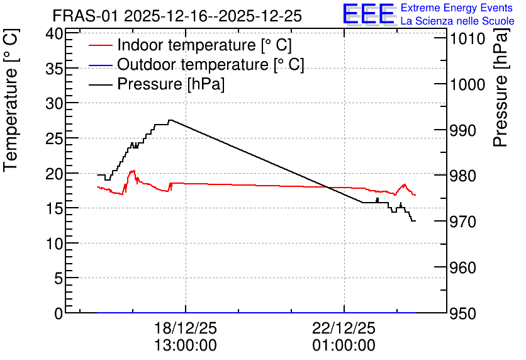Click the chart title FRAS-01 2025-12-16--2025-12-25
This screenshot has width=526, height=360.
[x=177, y=16]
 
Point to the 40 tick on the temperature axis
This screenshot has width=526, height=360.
[x=54, y=33]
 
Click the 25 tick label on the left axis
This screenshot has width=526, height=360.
[x=54, y=138]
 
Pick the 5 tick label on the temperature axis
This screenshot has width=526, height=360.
[x=59, y=278]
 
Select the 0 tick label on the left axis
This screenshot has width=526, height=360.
[x=59, y=313]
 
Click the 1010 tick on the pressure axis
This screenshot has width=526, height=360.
[x=467, y=39]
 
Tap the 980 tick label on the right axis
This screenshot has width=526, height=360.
[x=463, y=176]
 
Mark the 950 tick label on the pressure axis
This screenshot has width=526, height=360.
[x=463, y=313]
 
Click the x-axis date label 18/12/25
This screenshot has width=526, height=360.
[x=186, y=328]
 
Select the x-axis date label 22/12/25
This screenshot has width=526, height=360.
[x=344, y=328]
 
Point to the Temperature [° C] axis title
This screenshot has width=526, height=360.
[x=11, y=100]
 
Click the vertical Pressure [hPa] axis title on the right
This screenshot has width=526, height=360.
[x=501, y=87]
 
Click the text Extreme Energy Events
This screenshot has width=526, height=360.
[x=457, y=8]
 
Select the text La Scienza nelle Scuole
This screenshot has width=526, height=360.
[x=457, y=21]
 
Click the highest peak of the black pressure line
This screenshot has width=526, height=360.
[x=171, y=120]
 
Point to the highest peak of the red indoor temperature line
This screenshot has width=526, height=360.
[x=133, y=171]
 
